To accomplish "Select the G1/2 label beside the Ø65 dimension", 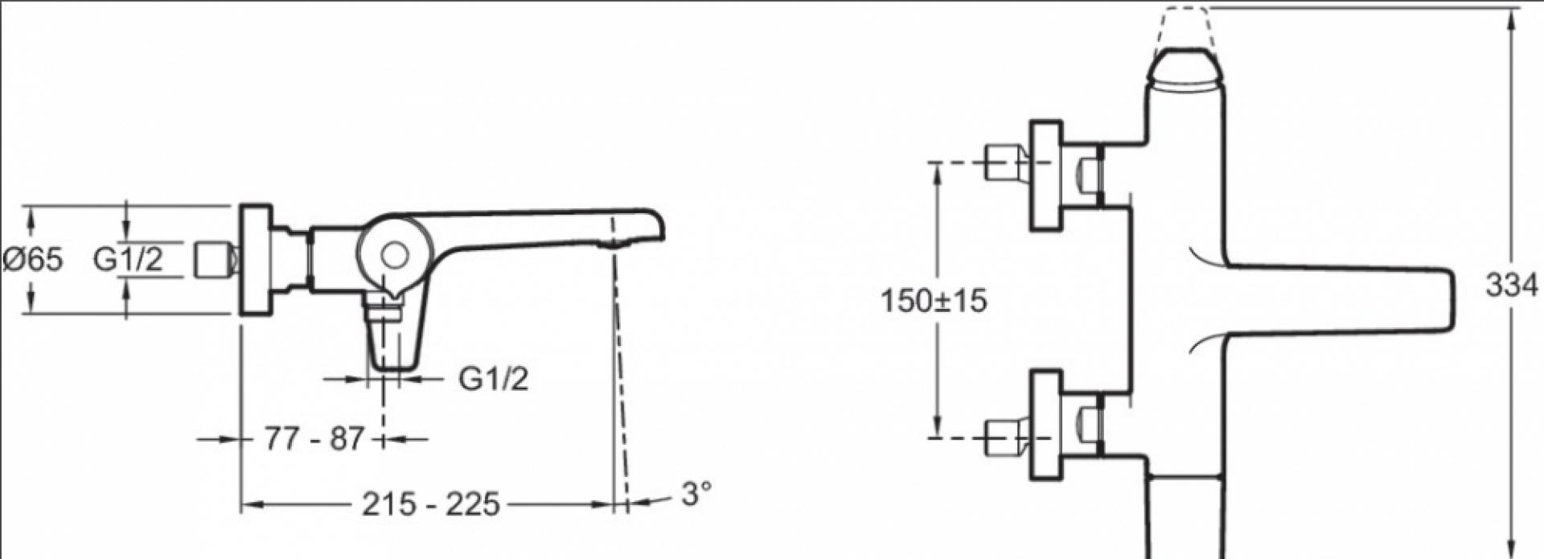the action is [129, 259].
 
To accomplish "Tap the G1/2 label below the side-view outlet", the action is [494, 378].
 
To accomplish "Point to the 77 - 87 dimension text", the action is [314, 439].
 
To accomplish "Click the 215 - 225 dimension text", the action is [431, 504].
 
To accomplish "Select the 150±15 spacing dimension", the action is [934, 301].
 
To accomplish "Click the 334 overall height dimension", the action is [1512, 285].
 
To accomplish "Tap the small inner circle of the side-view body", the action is [394, 256].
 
